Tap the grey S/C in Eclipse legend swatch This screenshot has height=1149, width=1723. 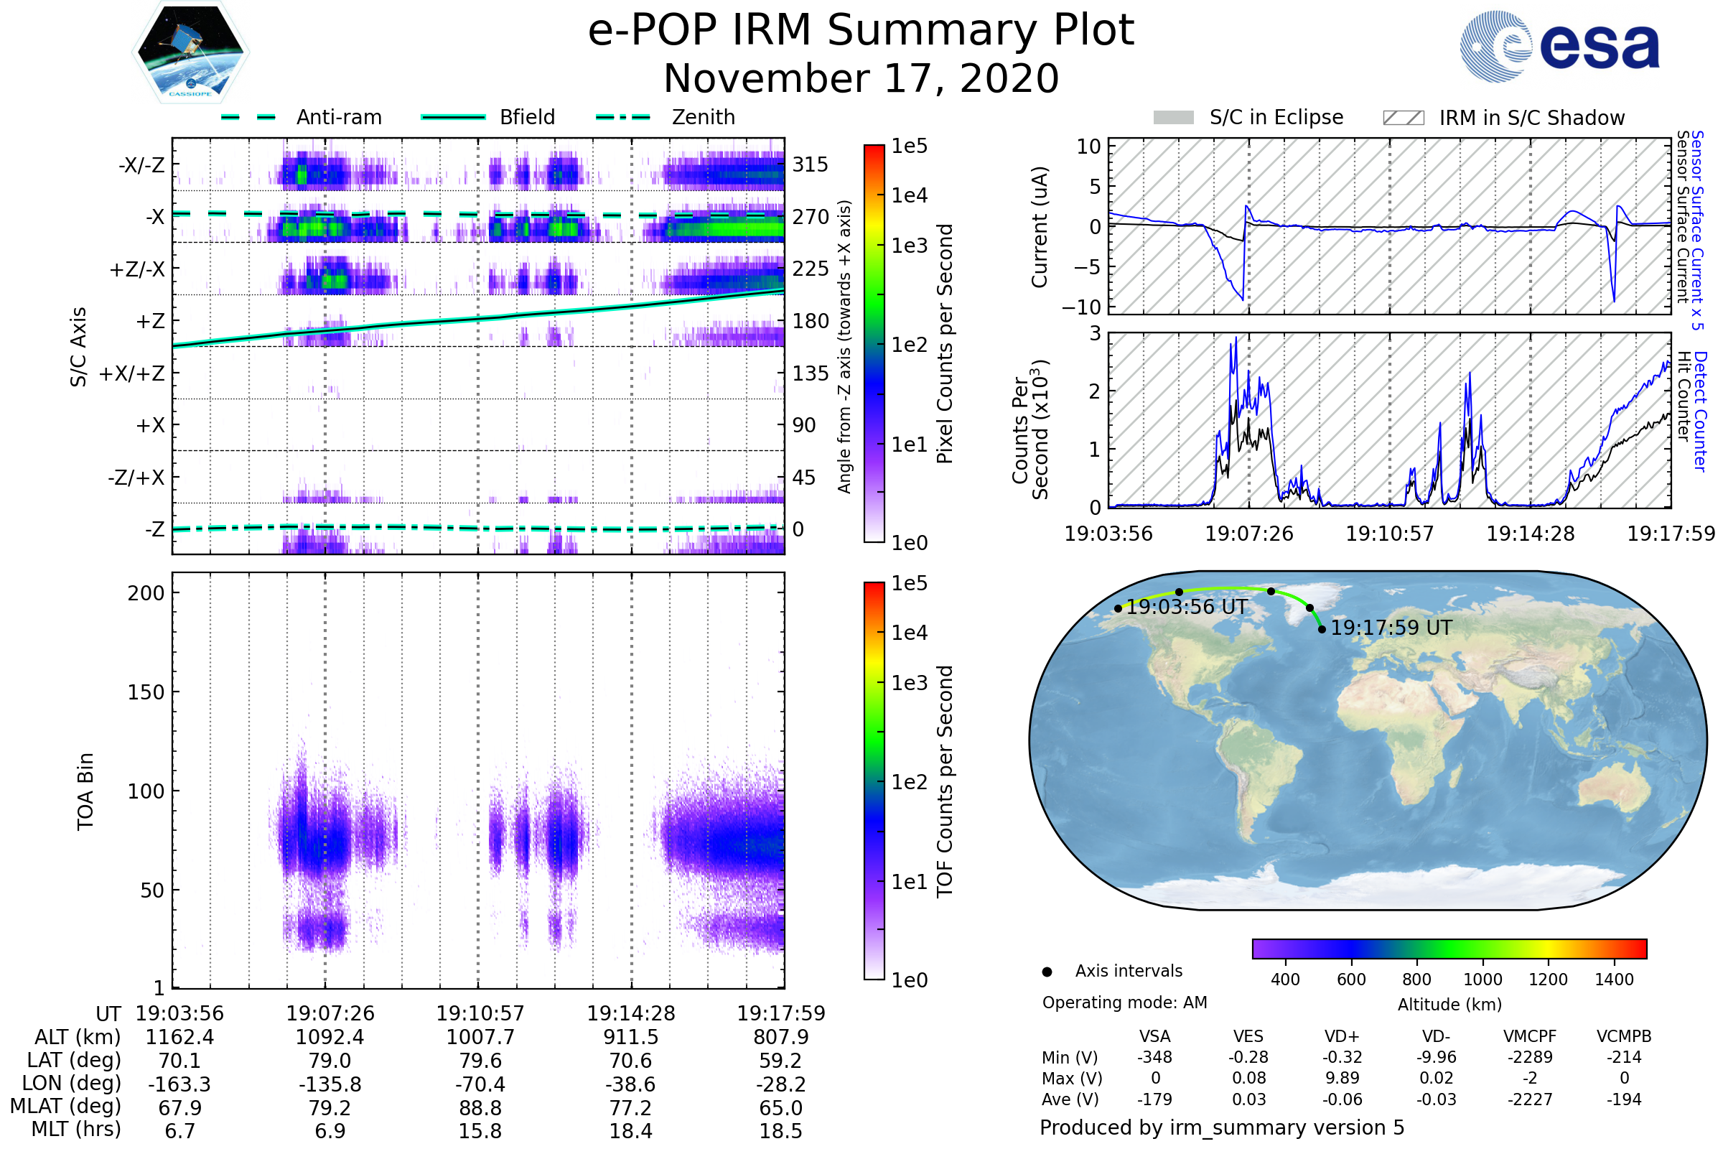click(x=1173, y=118)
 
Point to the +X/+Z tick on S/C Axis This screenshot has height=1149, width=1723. click(x=132, y=373)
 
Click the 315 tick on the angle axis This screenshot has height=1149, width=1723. click(x=811, y=165)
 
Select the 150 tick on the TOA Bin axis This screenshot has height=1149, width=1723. click(x=146, y=692)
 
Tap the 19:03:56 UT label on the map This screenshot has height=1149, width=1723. click(x=1186, y=608)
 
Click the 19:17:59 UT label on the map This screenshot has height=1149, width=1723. click(x=1391, y=628)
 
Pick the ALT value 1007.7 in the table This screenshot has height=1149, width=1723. click(x=480, y=1038)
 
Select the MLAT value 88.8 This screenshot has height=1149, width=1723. click(x=480, y=1108)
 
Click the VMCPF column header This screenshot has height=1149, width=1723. click(x=1529, y=1037)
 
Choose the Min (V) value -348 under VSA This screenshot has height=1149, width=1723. click(x=1154, y=1057)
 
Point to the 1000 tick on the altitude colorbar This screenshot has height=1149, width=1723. click(x=1482, y=980)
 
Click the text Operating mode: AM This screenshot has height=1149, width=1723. click(x=1124, y=1003)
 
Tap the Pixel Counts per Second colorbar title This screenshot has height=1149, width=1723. click(x=945, y=344)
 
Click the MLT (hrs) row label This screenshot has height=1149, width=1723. click(x=76, y=1129)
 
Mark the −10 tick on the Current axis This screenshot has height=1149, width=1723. click(x=1081, y=307)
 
